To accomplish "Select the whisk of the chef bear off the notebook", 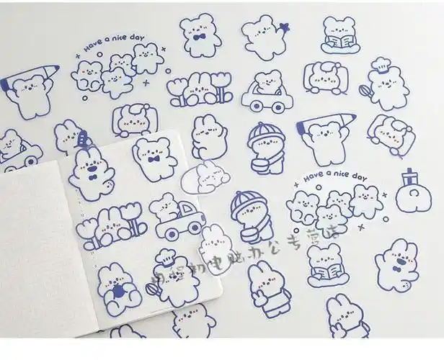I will (x=365, y=91).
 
